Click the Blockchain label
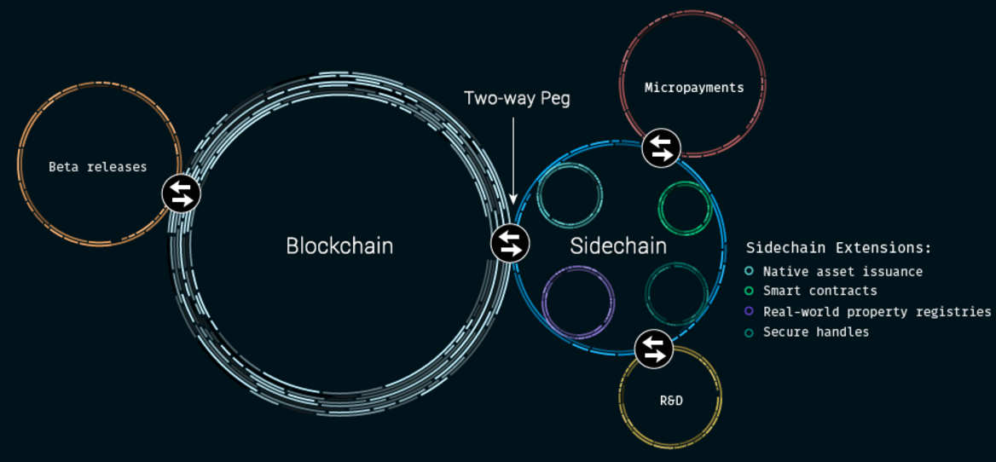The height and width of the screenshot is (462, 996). (x=339, y=245)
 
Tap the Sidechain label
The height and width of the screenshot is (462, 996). (x=618, y=245)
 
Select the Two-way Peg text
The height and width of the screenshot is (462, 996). (x=517, y=99)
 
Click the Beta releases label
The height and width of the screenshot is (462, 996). (x=98, y=167)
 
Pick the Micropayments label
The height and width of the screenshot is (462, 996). (x=693, y=88)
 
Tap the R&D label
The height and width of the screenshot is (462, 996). (x=670, y=401)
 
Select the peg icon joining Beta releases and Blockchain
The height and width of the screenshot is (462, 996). (x=181, y=193)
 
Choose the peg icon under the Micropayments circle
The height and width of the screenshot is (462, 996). (x=661, y=148)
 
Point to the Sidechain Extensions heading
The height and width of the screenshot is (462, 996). (x=838, y=247)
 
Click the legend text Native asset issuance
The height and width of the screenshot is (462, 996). (x=843, y=272)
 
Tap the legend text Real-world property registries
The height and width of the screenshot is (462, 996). (x=877, y=312)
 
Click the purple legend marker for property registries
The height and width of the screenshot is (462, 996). (x=750, y=312)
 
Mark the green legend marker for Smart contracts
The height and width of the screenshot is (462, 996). (x=750, y=292)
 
